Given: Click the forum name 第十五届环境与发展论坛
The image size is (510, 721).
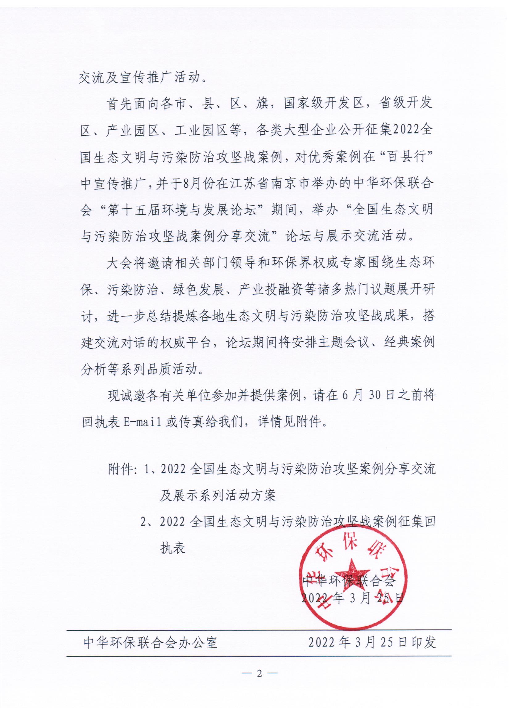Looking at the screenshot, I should coord(182,210).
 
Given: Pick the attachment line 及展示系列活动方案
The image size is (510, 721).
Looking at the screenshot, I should coord(218,495).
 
